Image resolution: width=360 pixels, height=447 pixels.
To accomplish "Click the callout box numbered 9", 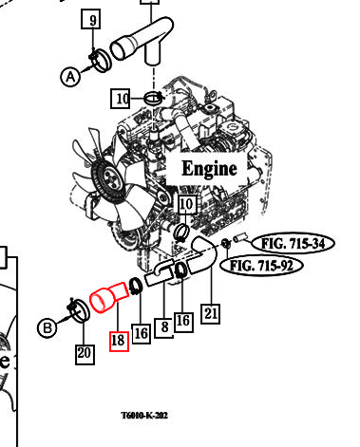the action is [x=91, y=19].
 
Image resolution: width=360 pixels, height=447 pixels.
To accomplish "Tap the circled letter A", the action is [x=70, y=77].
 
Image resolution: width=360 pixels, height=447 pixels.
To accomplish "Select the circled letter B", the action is [x=47, y=327].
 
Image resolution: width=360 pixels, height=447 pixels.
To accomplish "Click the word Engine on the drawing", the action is [x=209, y=168].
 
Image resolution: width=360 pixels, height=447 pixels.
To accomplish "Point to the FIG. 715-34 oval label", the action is [x=294, y=244].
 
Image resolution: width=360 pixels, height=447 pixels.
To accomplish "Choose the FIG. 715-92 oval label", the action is [x=261, y=266].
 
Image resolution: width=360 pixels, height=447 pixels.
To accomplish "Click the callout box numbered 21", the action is [x=211, y=313].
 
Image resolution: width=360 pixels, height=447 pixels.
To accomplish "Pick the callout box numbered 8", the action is [x=164, y=327].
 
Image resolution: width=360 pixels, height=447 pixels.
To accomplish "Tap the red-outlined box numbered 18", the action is [x=119, y=342].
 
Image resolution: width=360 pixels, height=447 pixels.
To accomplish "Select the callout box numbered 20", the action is [x=85, y=354].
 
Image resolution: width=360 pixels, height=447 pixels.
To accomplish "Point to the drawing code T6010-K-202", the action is [x=144, y=415].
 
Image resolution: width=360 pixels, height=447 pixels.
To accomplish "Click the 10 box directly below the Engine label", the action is [x=186, y=204].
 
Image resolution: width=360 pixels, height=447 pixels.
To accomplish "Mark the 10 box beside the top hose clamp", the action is [x=121, y=99].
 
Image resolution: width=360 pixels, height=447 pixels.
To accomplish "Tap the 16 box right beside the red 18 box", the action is [x=141, y=334].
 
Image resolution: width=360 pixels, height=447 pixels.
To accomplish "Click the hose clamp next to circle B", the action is [x=79, y=309].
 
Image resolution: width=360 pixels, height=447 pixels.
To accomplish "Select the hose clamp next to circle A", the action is [x=101, y=60].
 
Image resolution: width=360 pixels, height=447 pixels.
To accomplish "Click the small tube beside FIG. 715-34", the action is [x=240, y=239].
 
